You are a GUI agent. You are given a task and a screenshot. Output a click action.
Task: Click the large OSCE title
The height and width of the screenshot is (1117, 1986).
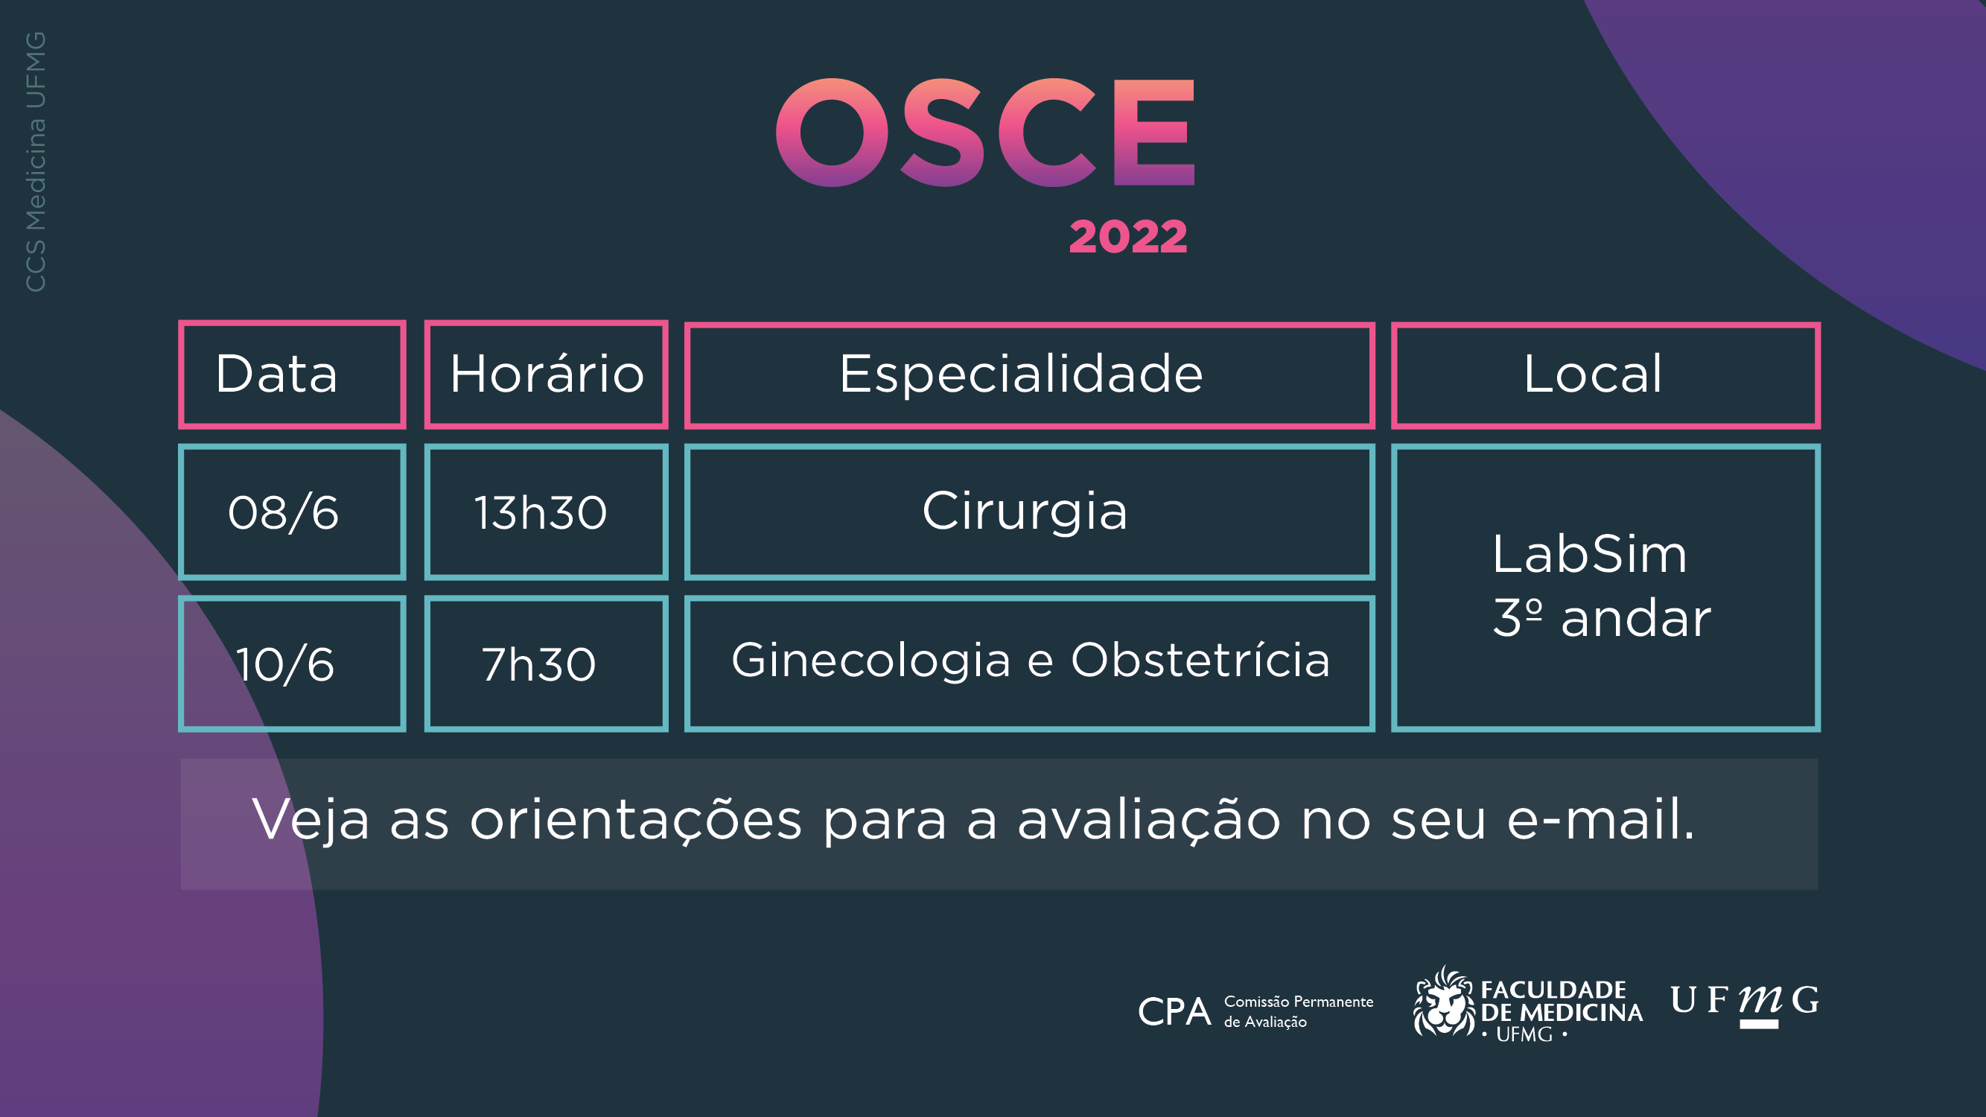coord(985,133)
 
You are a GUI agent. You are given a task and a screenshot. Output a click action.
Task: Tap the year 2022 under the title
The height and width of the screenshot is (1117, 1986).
coord(1128,237)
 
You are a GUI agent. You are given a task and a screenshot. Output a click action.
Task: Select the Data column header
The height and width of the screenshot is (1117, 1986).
coord(291,375)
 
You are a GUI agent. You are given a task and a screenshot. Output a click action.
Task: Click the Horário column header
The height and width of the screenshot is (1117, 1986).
coord(546,375)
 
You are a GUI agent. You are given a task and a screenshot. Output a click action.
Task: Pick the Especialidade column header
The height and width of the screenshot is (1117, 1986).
coord(1029,375)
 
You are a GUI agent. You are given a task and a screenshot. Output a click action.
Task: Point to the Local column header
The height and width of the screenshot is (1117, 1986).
coord(1605,375)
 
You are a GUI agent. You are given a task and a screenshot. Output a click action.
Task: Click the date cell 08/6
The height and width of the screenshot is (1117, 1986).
coord(291,512)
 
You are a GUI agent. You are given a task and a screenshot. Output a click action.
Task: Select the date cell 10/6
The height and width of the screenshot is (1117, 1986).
coord(291,663)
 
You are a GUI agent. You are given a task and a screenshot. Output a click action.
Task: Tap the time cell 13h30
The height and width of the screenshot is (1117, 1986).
coord(546,512)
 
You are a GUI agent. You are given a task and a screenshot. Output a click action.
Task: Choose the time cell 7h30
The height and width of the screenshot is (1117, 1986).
coord(546,663)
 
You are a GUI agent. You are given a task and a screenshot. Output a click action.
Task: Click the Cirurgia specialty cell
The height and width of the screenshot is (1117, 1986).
coord(1029,512)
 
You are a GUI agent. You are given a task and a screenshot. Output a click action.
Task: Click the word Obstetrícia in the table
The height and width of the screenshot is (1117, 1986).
coord(1200,660)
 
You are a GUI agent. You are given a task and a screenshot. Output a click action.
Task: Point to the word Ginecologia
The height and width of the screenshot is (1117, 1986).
coord(871,661)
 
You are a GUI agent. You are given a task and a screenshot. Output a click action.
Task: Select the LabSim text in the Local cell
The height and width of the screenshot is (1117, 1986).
coord(1590,554)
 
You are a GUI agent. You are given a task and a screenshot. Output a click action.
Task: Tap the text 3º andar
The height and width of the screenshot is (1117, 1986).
coord(1602,617)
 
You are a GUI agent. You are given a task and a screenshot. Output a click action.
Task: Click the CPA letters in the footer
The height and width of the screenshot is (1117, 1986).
coord(1174,1012)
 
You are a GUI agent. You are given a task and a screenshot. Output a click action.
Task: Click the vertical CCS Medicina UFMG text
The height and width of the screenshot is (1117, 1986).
coord(36,162)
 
